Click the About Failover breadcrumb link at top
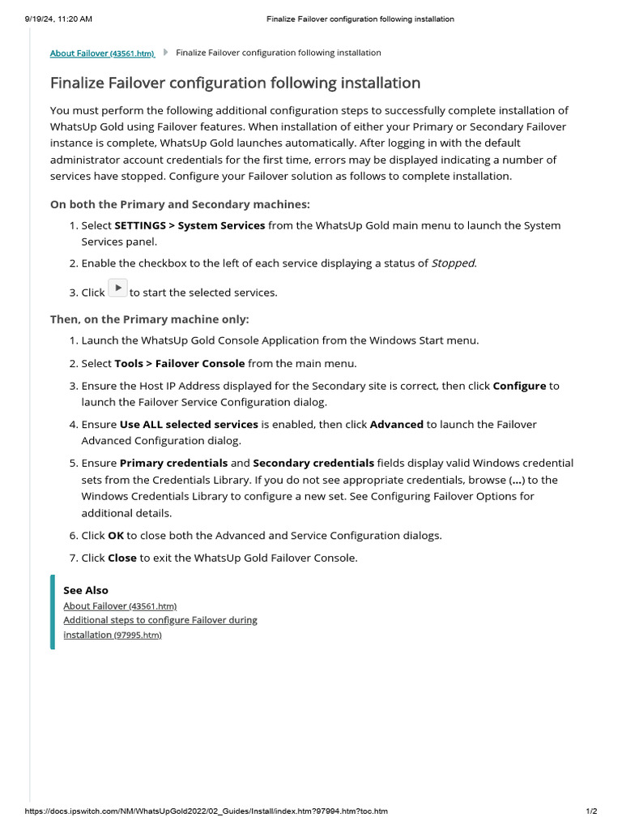coord(102,53)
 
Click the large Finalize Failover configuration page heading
coord(235,83)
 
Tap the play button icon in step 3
coord(117,288)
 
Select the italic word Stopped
coord(454,263)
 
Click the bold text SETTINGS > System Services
coord(190,225)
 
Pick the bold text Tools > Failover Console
coord(179,363)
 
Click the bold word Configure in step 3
coord(519,386)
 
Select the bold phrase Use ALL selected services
coord(189,424)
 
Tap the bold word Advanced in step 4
coord(396,424)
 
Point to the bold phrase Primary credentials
coord(173,463)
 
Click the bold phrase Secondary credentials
coord(313,463)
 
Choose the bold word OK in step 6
coord(116,535)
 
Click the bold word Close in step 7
coord(121,558)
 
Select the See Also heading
coord(86,590)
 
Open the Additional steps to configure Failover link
coord(160,620)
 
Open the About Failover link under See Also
coord(120,605)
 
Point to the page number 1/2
coord(591,811)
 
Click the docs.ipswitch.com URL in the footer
coord(207,811)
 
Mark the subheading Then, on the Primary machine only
coord(150,319)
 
